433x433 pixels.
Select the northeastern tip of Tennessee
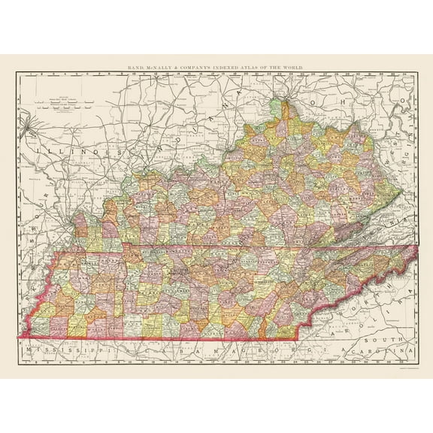pyautogui.click(x=416, y=245)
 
